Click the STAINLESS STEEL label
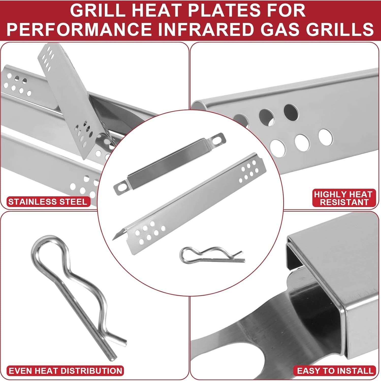pos(48,202)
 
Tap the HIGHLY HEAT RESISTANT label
pos(343,198)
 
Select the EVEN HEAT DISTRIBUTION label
pos(65,371)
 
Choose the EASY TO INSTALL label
pos(335,371)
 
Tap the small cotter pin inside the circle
pos(211,255)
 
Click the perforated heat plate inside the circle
pos(188,203)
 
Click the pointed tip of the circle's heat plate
pos(114,238)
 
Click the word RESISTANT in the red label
pos(344,202)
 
